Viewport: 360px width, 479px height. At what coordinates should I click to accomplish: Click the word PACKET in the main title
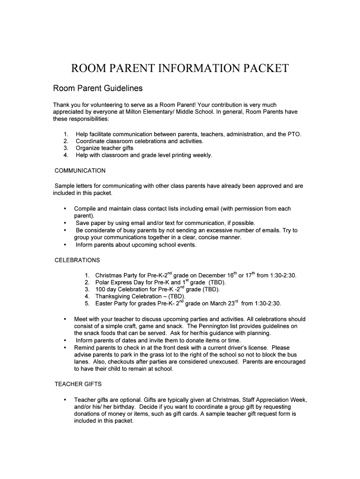pos(262,69)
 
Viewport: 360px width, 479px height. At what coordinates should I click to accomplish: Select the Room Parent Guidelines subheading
pos(97,88)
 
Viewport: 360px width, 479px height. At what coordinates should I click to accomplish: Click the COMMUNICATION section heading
pos(80,170)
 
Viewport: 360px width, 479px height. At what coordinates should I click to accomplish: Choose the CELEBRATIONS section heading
pos(77,260)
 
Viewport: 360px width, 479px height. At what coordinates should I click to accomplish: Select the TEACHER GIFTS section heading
pos(78,384)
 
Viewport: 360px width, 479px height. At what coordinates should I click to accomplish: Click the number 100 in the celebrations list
pos(100,290)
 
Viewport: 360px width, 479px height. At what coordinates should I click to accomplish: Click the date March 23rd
pos(226,304)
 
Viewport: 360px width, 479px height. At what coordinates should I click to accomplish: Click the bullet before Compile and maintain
pos(64,209)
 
